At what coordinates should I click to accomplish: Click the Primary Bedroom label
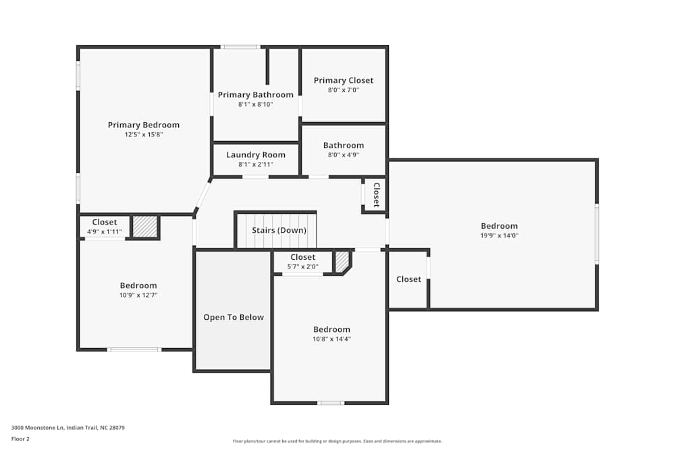(144, 125)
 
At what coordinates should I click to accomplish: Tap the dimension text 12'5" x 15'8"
(144, 134)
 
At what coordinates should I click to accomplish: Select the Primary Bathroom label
(255, 95)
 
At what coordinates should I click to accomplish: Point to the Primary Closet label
(344, 80)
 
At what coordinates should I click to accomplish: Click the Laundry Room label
(255, 155)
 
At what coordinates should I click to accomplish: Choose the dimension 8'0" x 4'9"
(344, 154)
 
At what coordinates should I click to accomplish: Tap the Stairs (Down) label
(279, 230)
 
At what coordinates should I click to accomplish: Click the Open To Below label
(234, 317)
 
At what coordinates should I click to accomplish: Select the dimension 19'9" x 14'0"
(500, 235)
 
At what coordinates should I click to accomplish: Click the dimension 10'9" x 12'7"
(138, 295)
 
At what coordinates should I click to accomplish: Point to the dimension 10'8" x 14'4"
(331, 339)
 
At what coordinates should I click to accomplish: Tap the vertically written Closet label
(377, 195)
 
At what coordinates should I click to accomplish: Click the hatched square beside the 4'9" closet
(144, 227)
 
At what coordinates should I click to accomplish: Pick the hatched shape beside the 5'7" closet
(342, 261)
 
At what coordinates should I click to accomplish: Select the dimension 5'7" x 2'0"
(303, 266)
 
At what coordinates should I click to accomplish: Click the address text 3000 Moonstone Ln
(68, 427)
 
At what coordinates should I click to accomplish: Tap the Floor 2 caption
(20, 439)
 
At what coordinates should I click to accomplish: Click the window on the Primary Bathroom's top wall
(240, 47)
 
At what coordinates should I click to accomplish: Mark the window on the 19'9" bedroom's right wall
(597, 234)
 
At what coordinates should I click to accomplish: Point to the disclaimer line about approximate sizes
(337, 441)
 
